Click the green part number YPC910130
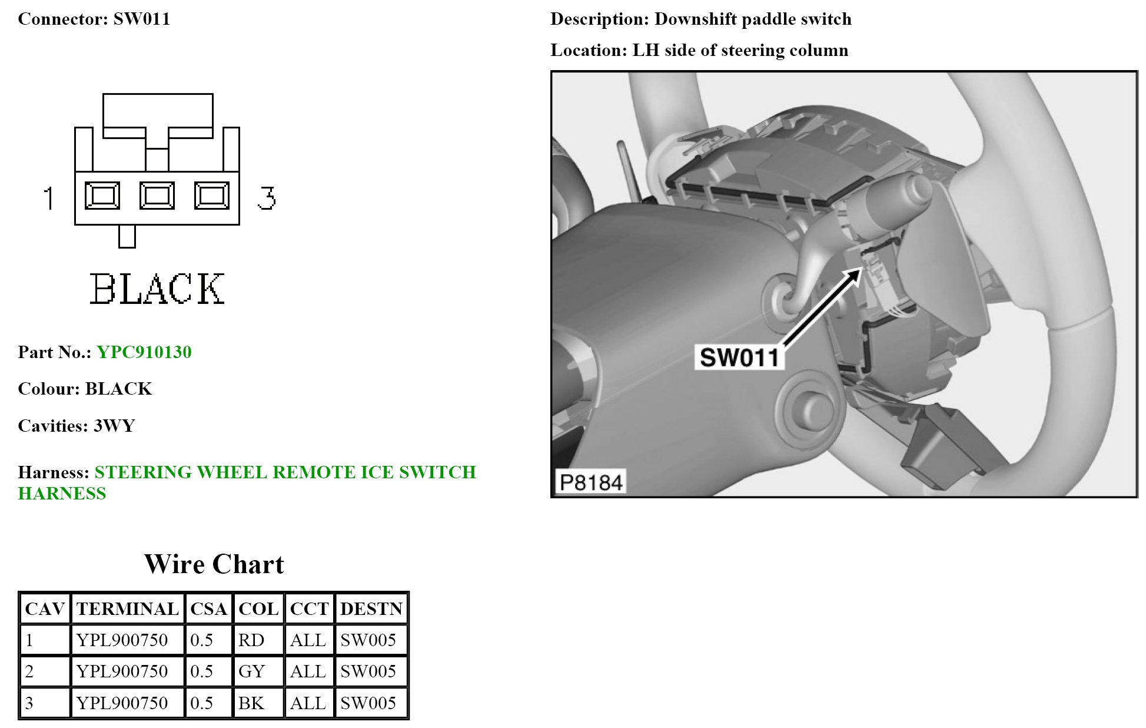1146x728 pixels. tap(144, 352)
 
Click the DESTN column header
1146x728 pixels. tap(371, 609)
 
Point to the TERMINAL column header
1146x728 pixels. tap(127, 609)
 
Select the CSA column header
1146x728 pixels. tap(208, 609)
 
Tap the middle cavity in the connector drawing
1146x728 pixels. tap(157, 196)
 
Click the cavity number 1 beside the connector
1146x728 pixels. tap(49, 198)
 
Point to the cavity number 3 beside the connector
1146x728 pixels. tap(267, 198)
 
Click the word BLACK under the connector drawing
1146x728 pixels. tap(157, 289)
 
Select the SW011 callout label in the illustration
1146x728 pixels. tap(739, 357)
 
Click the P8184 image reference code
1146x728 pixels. tap(590, 482)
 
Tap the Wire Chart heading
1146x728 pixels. tap(214, 564)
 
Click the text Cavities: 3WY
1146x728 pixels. tap(77, 426)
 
